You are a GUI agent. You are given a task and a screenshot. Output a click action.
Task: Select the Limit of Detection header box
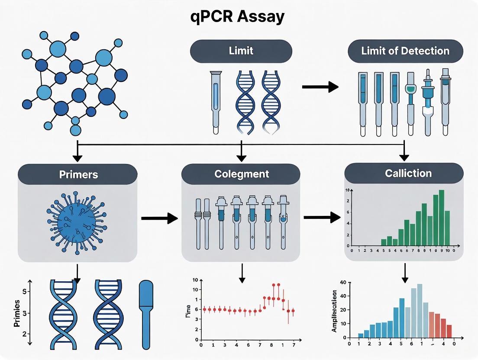(405, 51)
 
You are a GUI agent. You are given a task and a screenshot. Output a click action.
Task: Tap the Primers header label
(78, 174)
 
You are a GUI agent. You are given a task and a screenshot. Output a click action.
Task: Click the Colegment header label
(241, 174)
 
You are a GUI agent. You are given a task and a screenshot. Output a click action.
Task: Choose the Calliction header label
(408, 173)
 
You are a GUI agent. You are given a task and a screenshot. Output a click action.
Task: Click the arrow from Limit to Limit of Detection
(320, 87)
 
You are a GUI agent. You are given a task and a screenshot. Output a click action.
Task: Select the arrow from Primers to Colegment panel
(160, 219)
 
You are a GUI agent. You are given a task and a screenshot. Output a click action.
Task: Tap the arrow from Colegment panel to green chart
(322, 217)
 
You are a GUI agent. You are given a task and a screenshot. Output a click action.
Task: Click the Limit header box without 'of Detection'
(241, 51)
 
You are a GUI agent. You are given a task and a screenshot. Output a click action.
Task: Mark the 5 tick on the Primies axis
(25, 291)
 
